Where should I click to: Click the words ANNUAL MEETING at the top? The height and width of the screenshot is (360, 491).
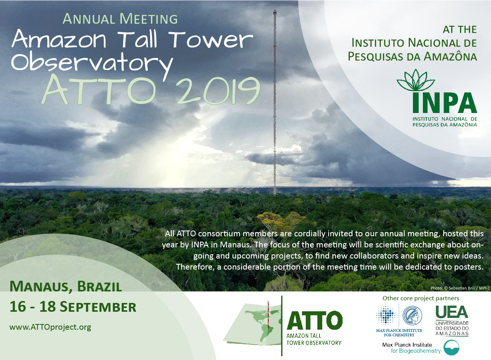click(120, 19)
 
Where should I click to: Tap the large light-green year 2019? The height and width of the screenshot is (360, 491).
click(218, 91)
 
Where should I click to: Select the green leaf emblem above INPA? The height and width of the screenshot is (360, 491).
click(416, 80)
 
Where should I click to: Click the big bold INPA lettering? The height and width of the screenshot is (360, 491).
click(445, 103)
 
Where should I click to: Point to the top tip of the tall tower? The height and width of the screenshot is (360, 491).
click(275, 10)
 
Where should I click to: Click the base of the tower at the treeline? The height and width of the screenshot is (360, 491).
click(275, 194)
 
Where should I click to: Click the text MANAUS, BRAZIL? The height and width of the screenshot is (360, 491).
click(66, 286)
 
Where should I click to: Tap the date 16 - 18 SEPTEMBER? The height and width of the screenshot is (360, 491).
click(73, 307)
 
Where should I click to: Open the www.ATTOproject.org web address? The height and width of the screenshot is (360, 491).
click(50, 327)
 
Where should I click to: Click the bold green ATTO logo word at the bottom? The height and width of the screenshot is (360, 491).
click(315, 320)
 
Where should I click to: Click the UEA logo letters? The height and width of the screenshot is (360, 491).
click(452, 312)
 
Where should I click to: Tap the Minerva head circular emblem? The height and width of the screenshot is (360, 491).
click(412, 316)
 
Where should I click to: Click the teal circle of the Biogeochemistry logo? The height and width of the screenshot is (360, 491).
click(451, 347)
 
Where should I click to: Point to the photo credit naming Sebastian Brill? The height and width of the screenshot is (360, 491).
click(460, 288)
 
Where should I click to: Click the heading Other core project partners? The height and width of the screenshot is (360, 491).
click(421, 298)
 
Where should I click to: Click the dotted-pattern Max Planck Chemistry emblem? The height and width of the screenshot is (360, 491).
click(386, 316)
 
